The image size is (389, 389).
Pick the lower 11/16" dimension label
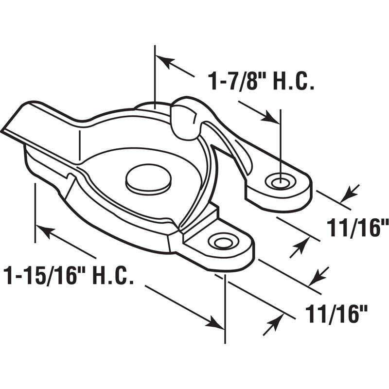click(336, 314)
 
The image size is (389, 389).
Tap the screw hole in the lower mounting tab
click(223, 242)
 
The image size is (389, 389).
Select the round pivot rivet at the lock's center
click(148, 178)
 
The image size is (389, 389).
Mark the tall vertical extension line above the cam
click(155, 73)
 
